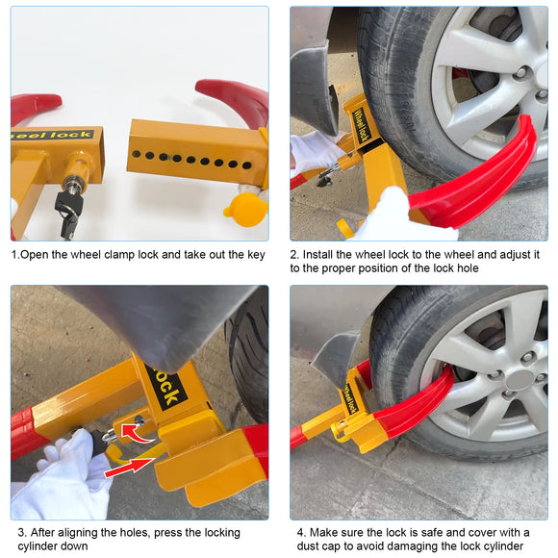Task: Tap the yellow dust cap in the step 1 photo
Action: point(245,210)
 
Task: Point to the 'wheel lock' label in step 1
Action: point(53,136)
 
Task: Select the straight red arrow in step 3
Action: point(129,468)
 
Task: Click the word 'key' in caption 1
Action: point(256,255)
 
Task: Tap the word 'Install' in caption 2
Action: point(317,254)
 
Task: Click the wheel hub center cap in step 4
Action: point(521,382)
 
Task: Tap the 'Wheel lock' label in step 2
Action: point(362,125)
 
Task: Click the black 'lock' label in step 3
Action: point(165,387)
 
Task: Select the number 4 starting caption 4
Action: point(300,533)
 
